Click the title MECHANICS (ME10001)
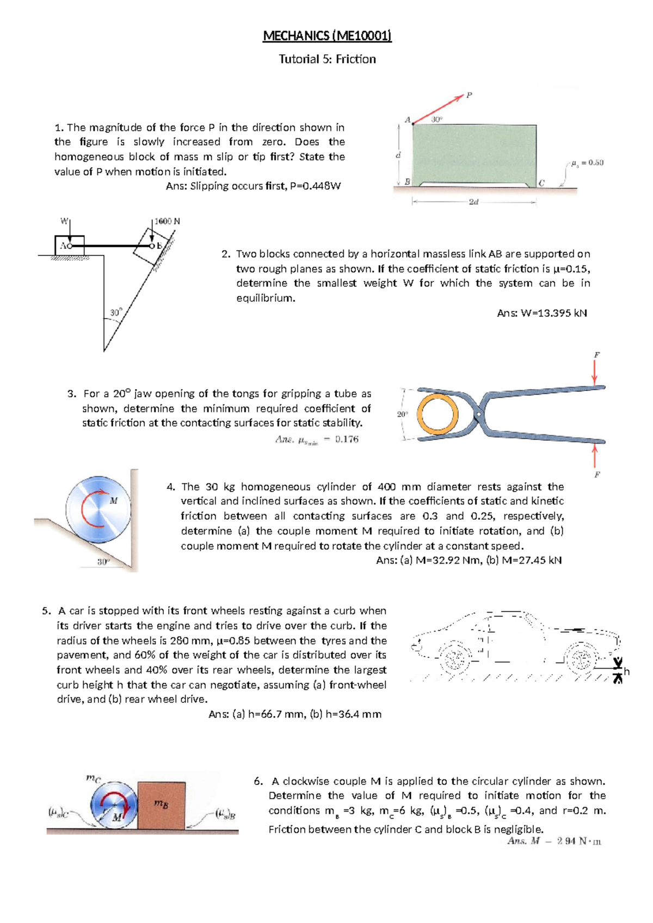[x=327, y=36]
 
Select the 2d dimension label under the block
[x=473, y=202]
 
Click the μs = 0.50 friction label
[x=587, y=163]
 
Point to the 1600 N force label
[x=167, y=221]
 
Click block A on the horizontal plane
[x=69, y=245]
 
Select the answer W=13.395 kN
[x=542, y=313]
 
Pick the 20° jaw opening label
[x=402, y=414]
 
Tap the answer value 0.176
[x=347, y=439]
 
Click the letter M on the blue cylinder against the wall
[x=114, y=501]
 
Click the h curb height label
[x=626, y=672]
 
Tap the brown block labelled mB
[x=161, y=806]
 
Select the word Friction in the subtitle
[x=355, y=59]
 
